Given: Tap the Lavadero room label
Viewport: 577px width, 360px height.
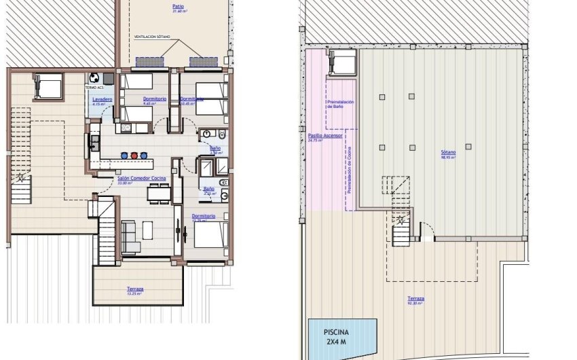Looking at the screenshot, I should click(x=102, y=99).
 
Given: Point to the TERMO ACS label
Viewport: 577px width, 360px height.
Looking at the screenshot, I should click(x=95, y=88).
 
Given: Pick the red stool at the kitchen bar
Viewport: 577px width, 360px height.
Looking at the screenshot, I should click(x=134, y=155).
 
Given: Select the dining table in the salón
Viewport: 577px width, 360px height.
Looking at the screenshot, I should click(x=159, y=194).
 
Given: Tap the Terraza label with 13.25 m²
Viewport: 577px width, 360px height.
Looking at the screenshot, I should click(x=135, y=290).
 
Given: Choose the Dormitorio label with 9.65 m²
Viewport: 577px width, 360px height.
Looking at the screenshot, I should click(x=155, y=100).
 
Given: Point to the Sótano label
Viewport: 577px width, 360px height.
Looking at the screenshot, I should click(x=447, y=153).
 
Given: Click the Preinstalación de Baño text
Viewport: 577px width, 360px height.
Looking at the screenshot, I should click(x=339, y=104).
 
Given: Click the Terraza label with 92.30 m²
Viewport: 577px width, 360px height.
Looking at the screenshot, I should click(x=415, y=299).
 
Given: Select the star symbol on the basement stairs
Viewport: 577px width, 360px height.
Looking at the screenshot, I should click(x=401, y=221).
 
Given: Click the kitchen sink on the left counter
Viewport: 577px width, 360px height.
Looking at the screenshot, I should click(x=95, y=143).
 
